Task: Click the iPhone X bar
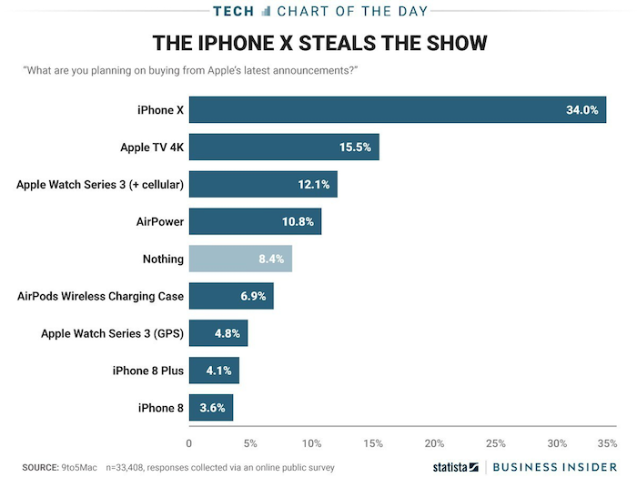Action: pos(397,110)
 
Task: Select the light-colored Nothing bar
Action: pos(240,259)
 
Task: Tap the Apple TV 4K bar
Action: pos(283,147)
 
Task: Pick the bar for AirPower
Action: pos(255,221)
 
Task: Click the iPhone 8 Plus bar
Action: pos(214,370)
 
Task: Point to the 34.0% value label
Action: pos(581,110)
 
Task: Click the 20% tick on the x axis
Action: pos(434,443)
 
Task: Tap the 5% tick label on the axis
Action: pos(250,443)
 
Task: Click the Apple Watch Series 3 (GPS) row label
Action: pos(112,333)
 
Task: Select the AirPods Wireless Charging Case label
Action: pos(101,296)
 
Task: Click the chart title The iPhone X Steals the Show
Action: pos(319,44)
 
